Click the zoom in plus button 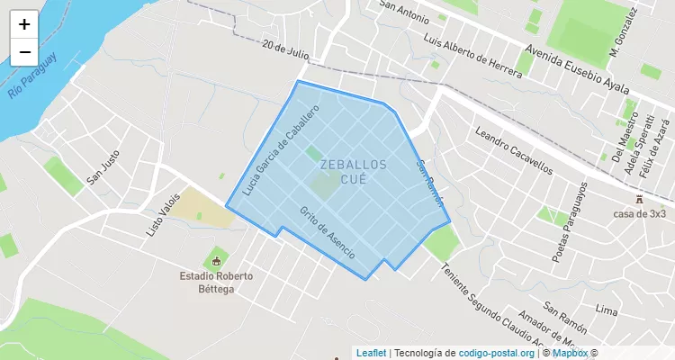point(24,25)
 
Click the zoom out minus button point(24,52)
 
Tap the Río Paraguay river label point(32,76)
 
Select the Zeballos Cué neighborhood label point(353,172)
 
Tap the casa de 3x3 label point(640,213)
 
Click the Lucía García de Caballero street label point(280,151)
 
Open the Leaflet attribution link point(371,352)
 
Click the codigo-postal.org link point(496,352)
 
